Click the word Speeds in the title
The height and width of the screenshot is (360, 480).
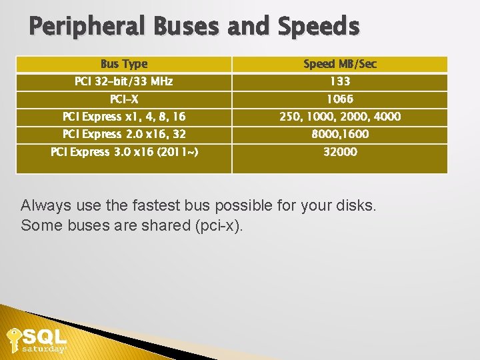(318, 27)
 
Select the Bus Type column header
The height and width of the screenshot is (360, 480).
(124, 64)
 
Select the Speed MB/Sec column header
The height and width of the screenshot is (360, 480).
(339, 64)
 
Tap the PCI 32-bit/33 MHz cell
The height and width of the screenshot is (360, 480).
(124, 82)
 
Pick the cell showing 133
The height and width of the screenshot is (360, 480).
(339, 82)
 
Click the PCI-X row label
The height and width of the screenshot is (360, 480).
(124, 100)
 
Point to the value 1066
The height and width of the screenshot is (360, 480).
(339, 100)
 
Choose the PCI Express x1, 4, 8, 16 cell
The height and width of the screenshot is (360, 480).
(124, 117)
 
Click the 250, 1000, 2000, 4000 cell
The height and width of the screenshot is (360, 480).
(339, 117)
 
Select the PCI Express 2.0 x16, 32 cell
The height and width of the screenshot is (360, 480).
(124, 135)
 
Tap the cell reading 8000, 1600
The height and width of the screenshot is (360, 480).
(339, 135)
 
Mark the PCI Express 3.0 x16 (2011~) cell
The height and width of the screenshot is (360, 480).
(124, 153)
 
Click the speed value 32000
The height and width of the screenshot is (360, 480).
(339, 153)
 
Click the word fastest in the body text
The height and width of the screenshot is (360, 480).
(153, 205)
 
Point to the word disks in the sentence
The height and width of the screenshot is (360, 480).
(357, 205)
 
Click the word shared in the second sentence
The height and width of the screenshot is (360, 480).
(165, 225)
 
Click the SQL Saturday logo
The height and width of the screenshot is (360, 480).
(37, 341)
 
